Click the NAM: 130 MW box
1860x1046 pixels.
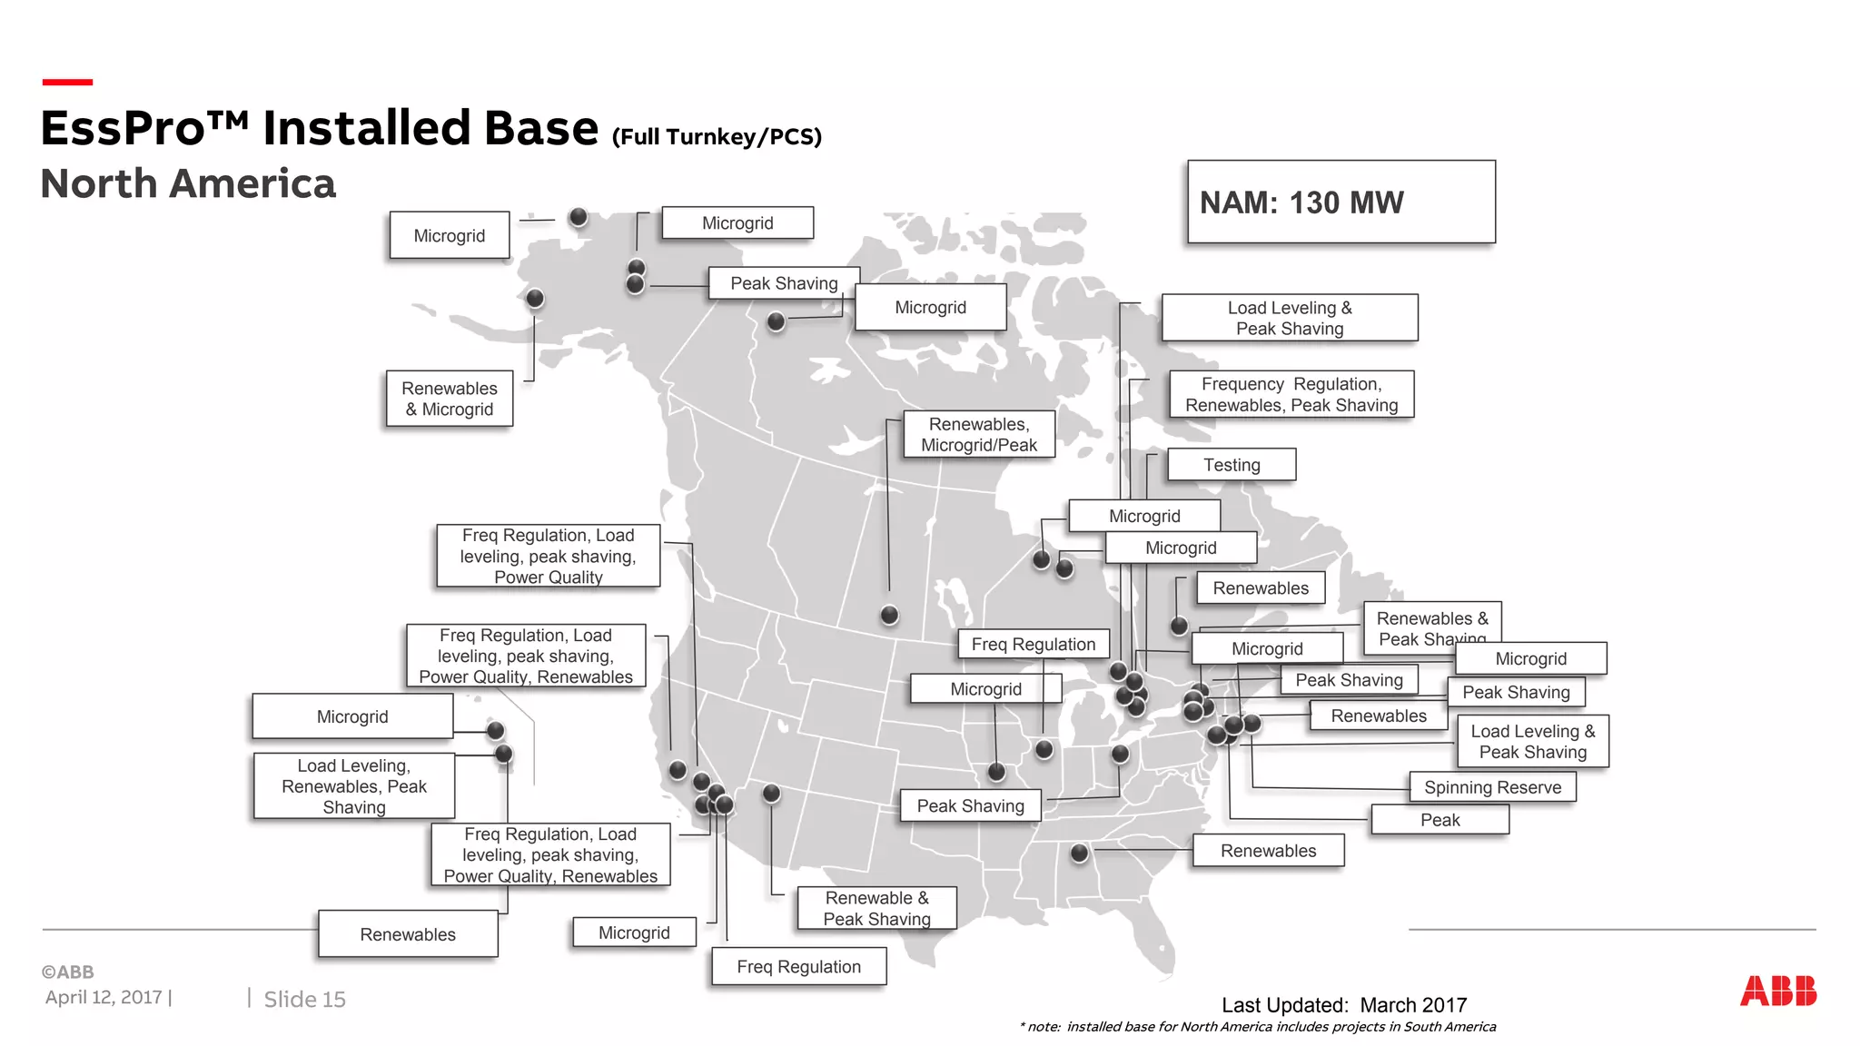coord(1341,202)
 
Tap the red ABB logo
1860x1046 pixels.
coord(1777,991)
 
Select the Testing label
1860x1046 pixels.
coord(1231,465)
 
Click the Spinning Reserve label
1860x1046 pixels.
coord(1492,787)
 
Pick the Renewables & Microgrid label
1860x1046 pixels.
coord(450,399)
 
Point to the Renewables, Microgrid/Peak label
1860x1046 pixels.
coord(979,434)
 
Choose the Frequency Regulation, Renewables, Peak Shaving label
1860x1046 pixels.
coord(1291,394)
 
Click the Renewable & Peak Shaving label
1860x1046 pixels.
coord(876,908)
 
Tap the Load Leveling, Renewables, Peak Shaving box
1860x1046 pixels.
coord(353,786)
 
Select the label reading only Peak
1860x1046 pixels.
coord(1440,820)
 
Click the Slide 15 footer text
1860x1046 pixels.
coord(304,999)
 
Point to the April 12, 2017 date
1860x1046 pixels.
coord(104,997)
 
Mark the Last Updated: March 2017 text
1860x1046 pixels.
coord(1343,1005)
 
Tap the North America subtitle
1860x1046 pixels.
coord(188,183)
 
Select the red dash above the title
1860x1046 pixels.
coord(67,82)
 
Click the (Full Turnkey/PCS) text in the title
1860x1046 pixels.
coord(717,137)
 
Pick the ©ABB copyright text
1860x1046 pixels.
coord(67,972)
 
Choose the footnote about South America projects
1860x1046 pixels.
coord(1258,1027)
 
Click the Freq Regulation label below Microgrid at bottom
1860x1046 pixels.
coord(798,967)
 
